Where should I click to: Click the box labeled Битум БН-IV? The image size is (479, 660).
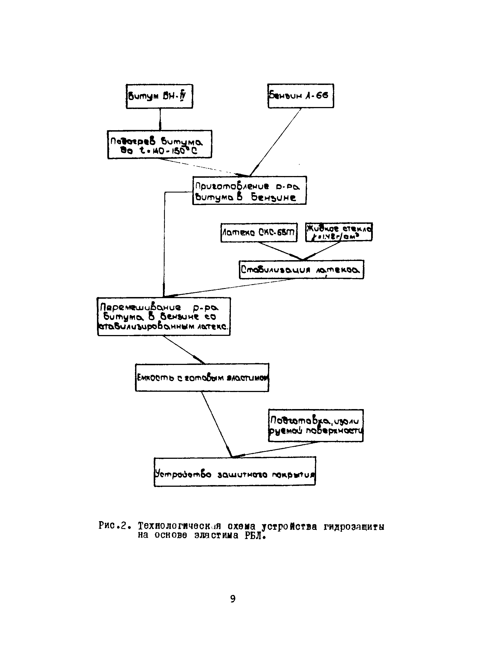tap(159, 96)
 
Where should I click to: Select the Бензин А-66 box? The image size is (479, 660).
tap(301, 96)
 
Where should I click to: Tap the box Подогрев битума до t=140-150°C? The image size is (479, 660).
tap(160, 144)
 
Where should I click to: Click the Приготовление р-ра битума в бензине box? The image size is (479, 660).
tap(249, 190)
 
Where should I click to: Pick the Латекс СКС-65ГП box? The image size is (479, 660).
tap(259, 232)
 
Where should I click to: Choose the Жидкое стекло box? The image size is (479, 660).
tap(339, 232)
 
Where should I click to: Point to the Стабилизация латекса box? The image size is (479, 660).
tap(301, 269)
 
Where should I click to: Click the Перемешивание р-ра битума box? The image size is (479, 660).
tap(164, 316)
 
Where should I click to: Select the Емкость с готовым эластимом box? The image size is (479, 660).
tap(202, 378)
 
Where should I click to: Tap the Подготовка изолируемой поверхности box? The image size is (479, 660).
tap(316, 426)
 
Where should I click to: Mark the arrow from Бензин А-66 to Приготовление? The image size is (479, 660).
tap(275, 142)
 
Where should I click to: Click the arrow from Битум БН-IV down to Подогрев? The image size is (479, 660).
tap(160, 119)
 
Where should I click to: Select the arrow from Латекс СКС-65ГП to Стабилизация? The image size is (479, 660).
tap(279, 251)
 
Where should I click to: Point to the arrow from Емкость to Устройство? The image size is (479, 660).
tap(217, 424)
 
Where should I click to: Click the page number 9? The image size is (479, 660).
tap(233, 599)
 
